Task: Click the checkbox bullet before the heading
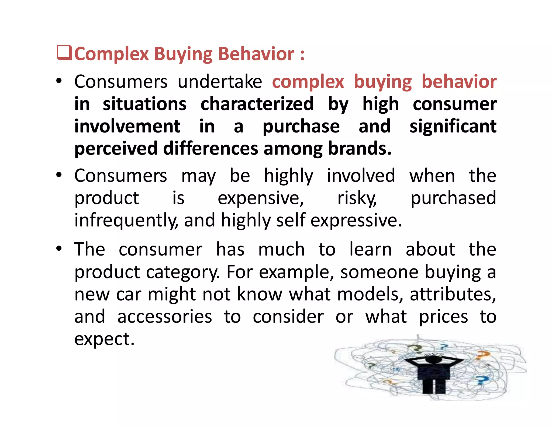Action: (x=64, y=53)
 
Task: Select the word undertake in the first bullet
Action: (x=220, y=82)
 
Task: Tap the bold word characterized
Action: (x=257, y=104)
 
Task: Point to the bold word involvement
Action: (x=127, y=126)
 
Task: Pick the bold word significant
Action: (x=453, y=126)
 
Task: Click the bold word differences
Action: (x=211, y=149)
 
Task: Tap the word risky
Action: (x=357, y=198)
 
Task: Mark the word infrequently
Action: (x=126, y=220)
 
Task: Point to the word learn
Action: (x=371, y=249)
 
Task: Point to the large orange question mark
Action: (x=482, y=355)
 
